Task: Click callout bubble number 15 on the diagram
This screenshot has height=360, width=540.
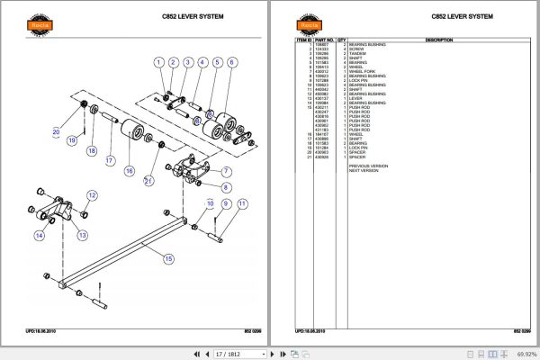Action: point(167,259)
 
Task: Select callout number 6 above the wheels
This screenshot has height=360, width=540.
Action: point(231,62)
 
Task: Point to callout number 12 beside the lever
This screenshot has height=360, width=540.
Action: point(91,195)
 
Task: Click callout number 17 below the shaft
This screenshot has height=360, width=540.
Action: point(109,161)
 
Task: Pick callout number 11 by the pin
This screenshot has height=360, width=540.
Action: point(241,204)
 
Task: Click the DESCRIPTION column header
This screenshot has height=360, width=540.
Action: point(438,40)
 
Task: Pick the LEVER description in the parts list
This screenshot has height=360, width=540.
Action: point(355,99)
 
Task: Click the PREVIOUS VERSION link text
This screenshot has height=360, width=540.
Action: point(368,166)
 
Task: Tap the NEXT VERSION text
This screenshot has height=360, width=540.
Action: point(364,170)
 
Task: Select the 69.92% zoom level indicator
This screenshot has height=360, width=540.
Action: point(522,354)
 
